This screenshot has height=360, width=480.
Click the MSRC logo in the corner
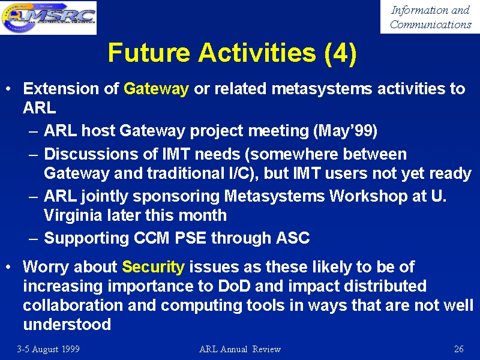(49, 17)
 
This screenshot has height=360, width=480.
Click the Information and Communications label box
(430, 17)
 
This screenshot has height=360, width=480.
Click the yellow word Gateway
(156, 89)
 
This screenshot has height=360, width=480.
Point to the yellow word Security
(154, 267)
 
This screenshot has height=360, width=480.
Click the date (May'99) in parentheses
(346, 131)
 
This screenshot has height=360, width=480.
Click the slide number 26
(458, 349)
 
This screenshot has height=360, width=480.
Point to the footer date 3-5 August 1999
(49, 349)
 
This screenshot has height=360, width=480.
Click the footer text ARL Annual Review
(239, 349)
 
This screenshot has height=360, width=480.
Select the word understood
(67, 325)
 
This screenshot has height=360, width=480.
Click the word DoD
(234, 286)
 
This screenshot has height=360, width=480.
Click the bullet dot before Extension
(8, 89)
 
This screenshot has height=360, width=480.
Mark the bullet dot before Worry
(8, 267)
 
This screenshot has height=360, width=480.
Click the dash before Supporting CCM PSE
(33, 239)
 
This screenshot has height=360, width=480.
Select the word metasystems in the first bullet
(322, 89)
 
